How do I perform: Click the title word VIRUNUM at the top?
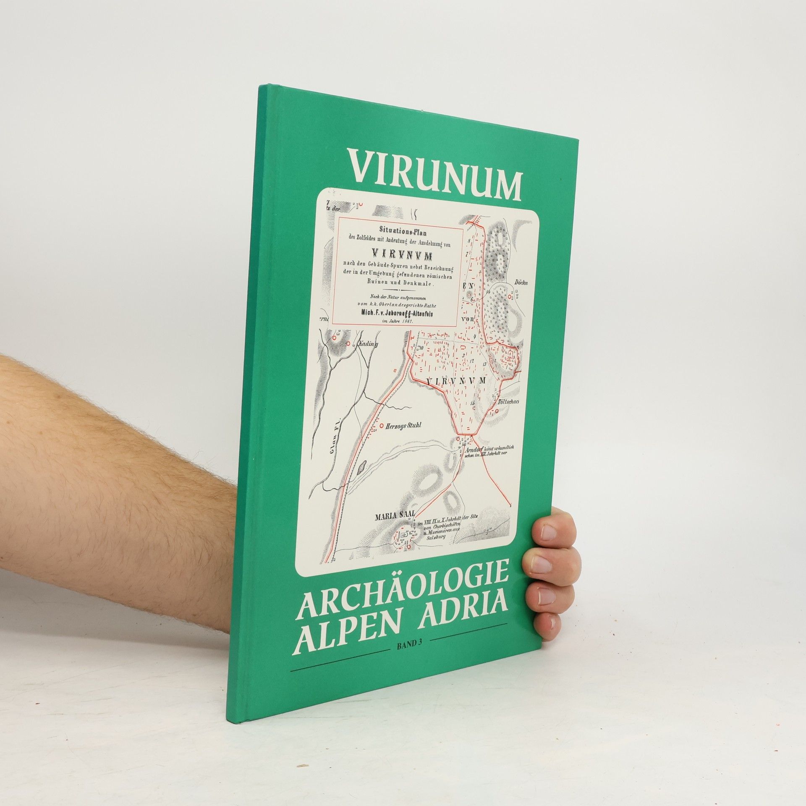(x=437, y=173)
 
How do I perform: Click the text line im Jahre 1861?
(x=397, y=321)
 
